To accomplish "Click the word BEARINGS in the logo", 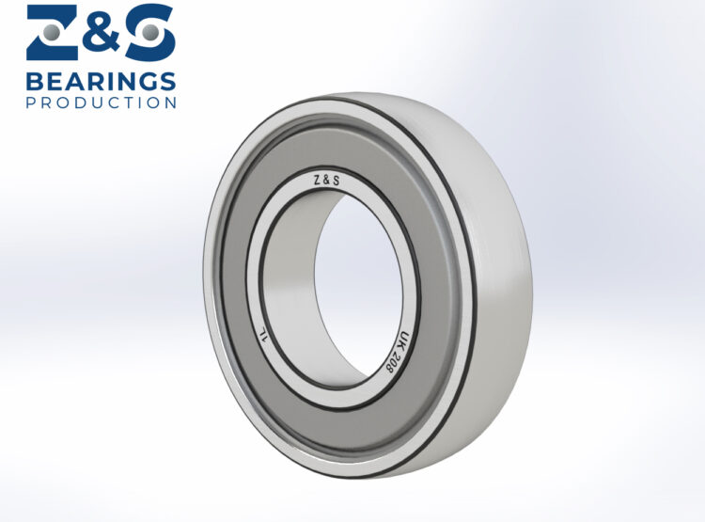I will point(102,79).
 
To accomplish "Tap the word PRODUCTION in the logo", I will point(102,102).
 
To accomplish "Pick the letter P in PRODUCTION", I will point(32,102).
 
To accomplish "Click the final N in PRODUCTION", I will point(170,102).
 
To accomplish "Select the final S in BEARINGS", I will point(166,79).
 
